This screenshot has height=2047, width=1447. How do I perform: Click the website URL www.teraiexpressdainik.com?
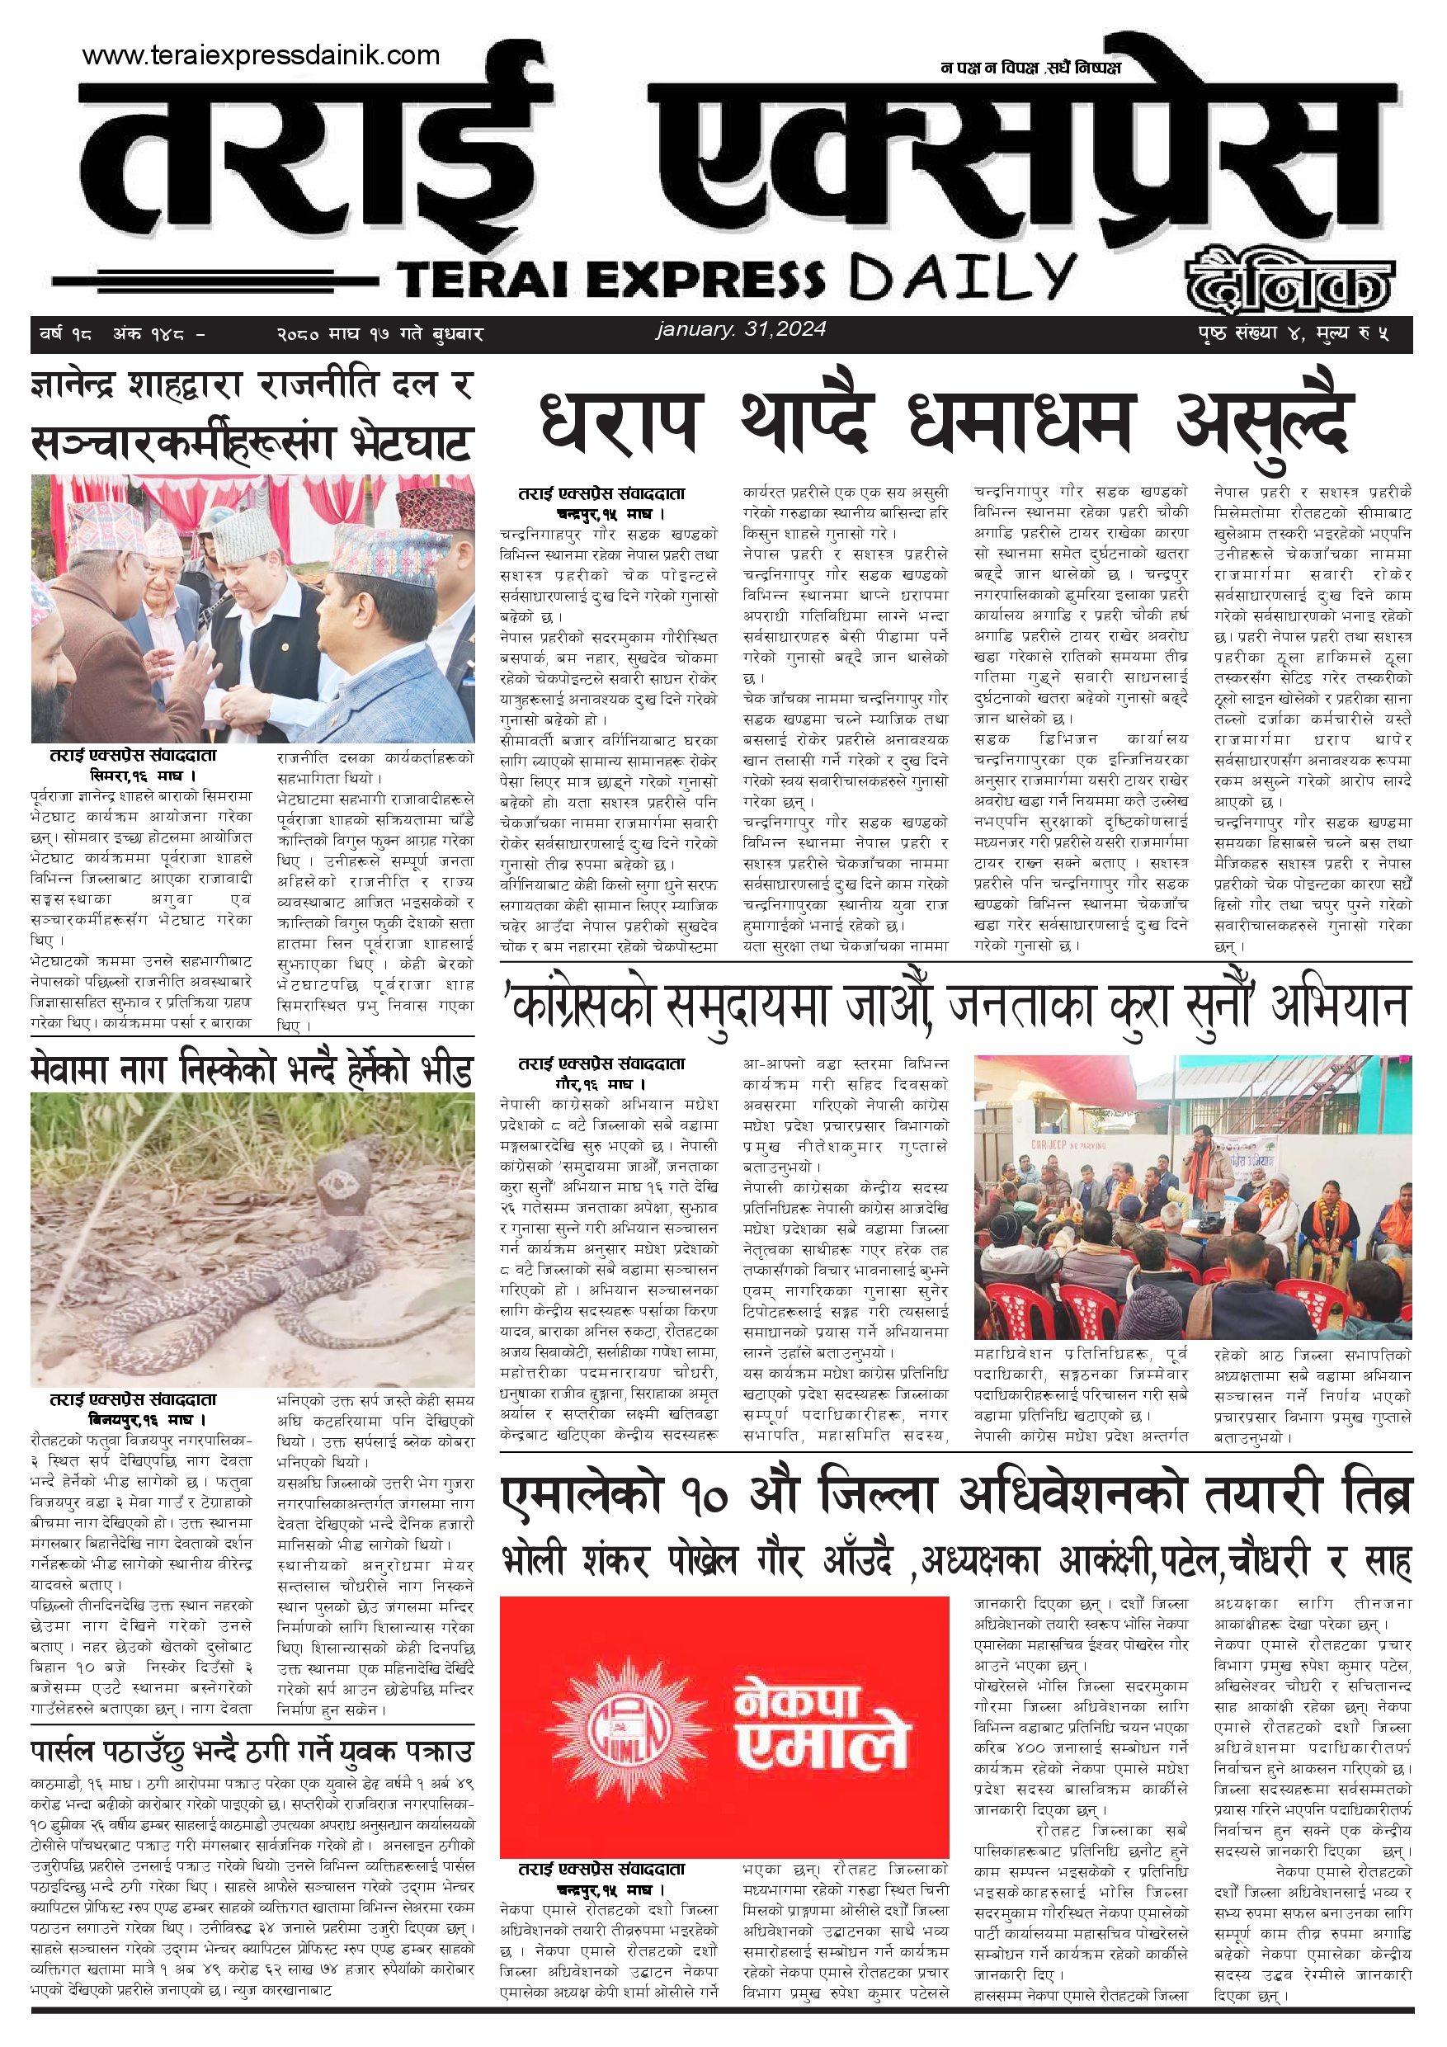click(x=261, y=55)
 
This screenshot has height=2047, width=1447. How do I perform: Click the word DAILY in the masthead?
click(x=962, y=276)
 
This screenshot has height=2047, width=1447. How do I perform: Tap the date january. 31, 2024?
click(x=741, y=329)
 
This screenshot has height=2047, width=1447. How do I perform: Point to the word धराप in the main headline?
click(x=620, y=422)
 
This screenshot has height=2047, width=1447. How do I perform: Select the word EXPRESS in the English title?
click(x=705, y=279)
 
